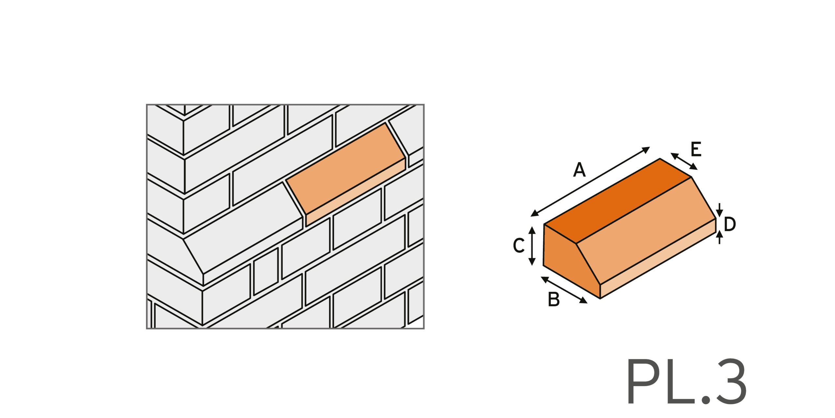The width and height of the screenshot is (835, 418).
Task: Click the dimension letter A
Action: pyautogui.click(x=579, y=170)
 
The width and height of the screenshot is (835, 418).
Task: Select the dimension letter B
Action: pyautogui.click(x=554, y=299)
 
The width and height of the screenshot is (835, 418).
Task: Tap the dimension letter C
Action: pyautogui.click(x=519, y=245)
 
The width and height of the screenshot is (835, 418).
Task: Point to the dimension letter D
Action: pyautogui.click(x=730, y=224)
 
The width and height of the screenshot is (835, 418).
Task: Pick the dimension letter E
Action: pyautogui.click(x=696, y=149)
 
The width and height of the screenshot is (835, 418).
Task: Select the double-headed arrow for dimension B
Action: pyautogui.click(x=564, y=290)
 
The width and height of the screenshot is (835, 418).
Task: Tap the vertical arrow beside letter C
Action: pyautogui.click(x=532, y=246)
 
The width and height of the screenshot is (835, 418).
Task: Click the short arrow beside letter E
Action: pyautogui.click(x=684, y=161)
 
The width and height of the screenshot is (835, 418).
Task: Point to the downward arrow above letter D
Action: pyautogui.click(x=720, y=210)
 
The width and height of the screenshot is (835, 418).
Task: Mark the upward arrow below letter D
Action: pyautogui.click(x=720, y=237)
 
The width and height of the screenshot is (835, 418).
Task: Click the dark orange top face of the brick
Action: pyautogui.click(x=618, y=201)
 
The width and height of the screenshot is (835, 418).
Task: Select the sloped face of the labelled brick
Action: pyautogui.click(x=646, y=230)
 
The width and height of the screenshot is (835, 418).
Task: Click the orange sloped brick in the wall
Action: pyautogui.click(x=346, y=168)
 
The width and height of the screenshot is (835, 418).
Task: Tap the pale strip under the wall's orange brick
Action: pyautogui.click(x=356, y=192)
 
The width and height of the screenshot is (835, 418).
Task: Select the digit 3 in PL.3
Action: pyautogui.click(x=731, y=381)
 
